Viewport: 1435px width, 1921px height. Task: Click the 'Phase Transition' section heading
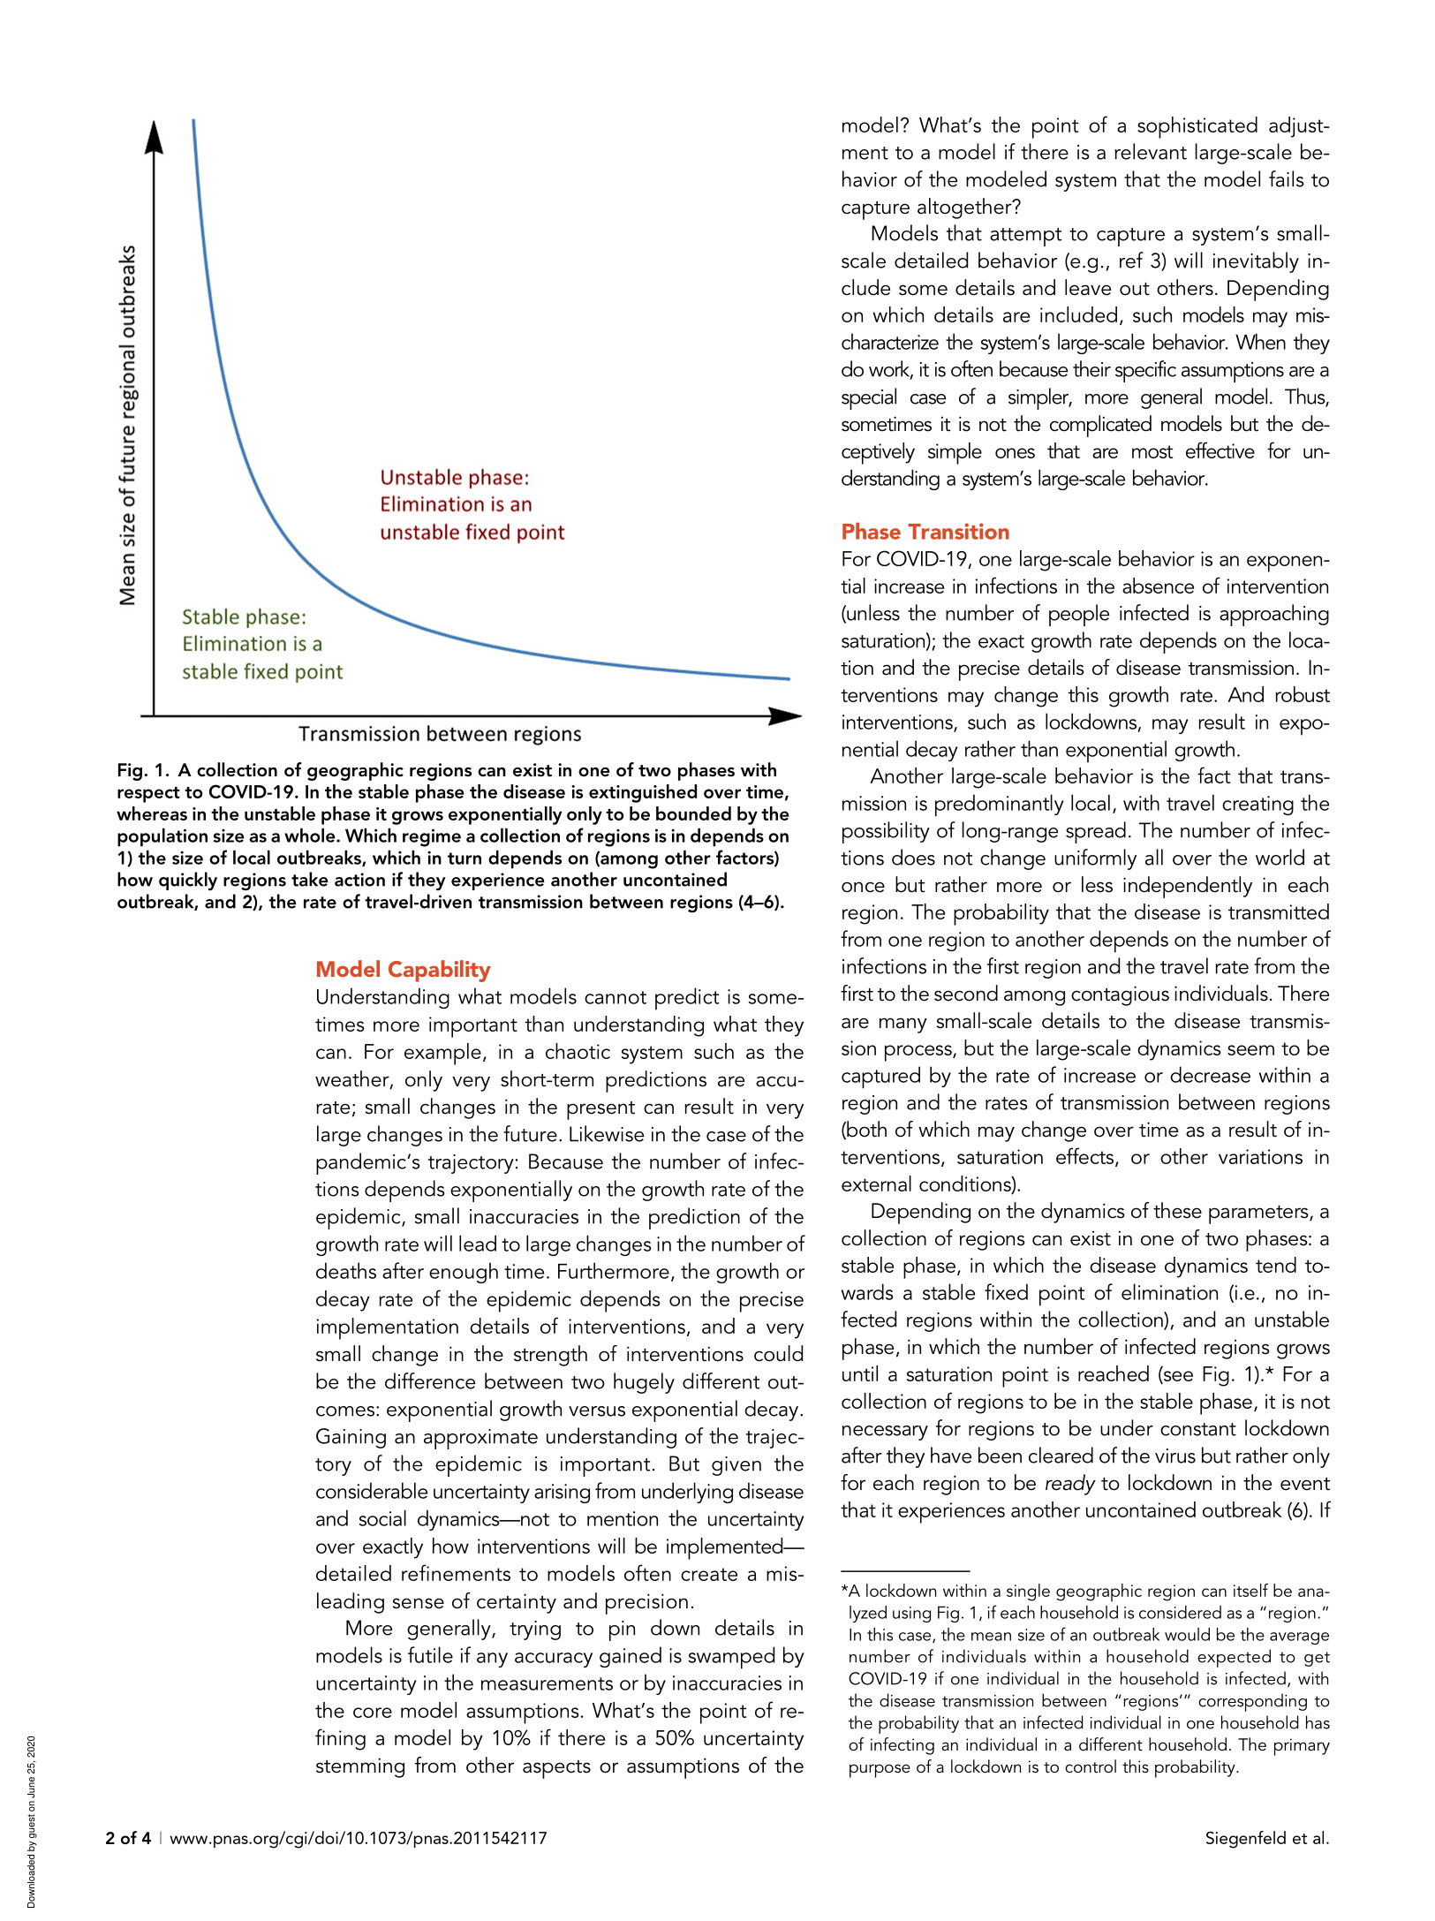click(925, 532)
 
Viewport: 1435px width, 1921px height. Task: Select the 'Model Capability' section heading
click(403, 969)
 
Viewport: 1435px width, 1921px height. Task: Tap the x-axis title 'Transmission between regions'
click(440, 734)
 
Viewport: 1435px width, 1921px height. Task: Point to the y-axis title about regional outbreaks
click(128, 425)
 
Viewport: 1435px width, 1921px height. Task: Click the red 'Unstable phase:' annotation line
click(455, 478)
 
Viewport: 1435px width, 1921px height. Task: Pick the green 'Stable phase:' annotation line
click(244, 616)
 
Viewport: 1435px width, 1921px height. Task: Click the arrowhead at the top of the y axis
click(155, 137)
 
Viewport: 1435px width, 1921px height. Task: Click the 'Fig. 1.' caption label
click(142, 770)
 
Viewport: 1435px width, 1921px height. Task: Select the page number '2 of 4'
click(128, 1838)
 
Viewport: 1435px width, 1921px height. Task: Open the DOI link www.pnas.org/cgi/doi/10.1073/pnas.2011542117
click(359, 1838)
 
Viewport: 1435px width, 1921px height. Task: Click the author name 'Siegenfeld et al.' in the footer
click(1266, 1838)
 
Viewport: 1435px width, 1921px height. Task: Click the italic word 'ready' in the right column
click(1069, 1484)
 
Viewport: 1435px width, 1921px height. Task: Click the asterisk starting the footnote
click(844, 1592)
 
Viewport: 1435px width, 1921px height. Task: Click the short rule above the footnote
click(905, 1571)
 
